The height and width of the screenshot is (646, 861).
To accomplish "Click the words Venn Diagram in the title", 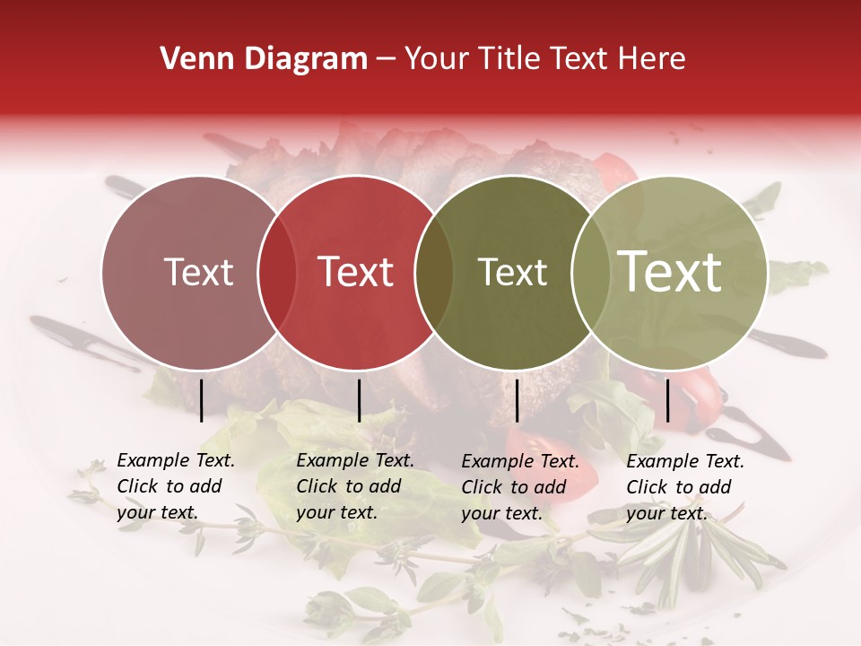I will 264,59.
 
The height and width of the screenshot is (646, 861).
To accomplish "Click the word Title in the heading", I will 509,59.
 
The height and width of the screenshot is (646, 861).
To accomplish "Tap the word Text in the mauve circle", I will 198,272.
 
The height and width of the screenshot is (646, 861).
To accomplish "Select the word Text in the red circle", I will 356,272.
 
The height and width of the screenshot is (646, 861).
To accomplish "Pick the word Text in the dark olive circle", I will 512,272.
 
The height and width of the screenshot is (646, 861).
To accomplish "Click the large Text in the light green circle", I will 670,272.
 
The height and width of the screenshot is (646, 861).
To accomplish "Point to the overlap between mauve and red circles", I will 277,272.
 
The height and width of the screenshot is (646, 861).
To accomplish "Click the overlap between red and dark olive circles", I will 434,272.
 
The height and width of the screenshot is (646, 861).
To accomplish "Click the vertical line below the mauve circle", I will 202,400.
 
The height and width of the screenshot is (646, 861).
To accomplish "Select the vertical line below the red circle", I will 359,400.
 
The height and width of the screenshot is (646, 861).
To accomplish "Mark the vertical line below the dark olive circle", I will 517,400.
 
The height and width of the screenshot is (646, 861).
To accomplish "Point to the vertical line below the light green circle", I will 667,400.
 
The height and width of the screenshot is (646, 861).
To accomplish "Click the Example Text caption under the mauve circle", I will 176,486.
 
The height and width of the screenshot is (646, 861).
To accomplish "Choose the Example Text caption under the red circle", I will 355,486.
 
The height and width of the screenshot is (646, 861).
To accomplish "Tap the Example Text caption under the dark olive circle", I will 520,487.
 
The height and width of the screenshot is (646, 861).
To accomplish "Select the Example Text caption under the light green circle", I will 685,487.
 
